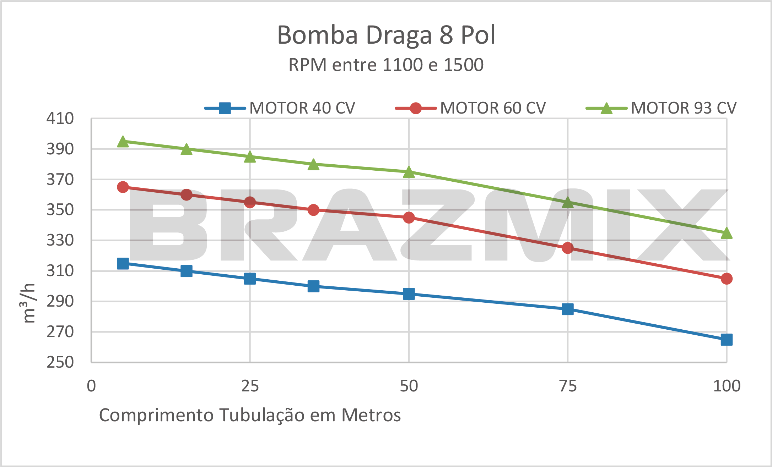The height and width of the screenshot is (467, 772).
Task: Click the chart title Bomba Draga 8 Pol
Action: pyautogui.click(x=386, y=35)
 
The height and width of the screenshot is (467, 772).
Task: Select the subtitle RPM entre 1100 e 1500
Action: pyautogui.click(x=386, y=65)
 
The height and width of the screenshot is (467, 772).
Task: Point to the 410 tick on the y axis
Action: pyautogui.click(x=60, y=119)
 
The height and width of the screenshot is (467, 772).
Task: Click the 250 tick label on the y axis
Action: pyautogui.click(x=60, y=362)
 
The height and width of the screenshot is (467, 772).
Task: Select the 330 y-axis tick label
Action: pyautogui.click(x=60, y=241)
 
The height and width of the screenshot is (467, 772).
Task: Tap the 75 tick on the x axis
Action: pyautogui.click(x=568, y=386)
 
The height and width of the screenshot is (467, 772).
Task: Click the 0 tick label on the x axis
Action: pyautogui.click(x=91, y=386)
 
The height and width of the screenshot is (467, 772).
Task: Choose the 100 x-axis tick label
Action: pyautogui.click(x=727, y=386)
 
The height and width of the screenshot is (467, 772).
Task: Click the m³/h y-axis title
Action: pyautogui.click(x=29, y=303)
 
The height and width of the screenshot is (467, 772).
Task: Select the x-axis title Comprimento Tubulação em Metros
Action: pyautogui.click(x=250, y=415)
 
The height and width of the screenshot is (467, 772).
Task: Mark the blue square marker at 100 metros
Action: pyautogui.click(x=727, y=340)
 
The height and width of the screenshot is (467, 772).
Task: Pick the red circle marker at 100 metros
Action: pyautogui.click(x=727, y=279)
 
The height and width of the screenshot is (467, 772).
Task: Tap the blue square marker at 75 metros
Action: pyautogui.click(x=568, y=309)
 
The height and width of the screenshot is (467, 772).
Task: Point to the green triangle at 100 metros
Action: pyautogui.click(x=727, y=233)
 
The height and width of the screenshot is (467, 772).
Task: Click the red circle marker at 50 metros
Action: pyautogui.click(x=409, y=218)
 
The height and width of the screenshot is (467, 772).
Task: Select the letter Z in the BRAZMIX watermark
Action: pyautogui.click(x=438, y=225)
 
